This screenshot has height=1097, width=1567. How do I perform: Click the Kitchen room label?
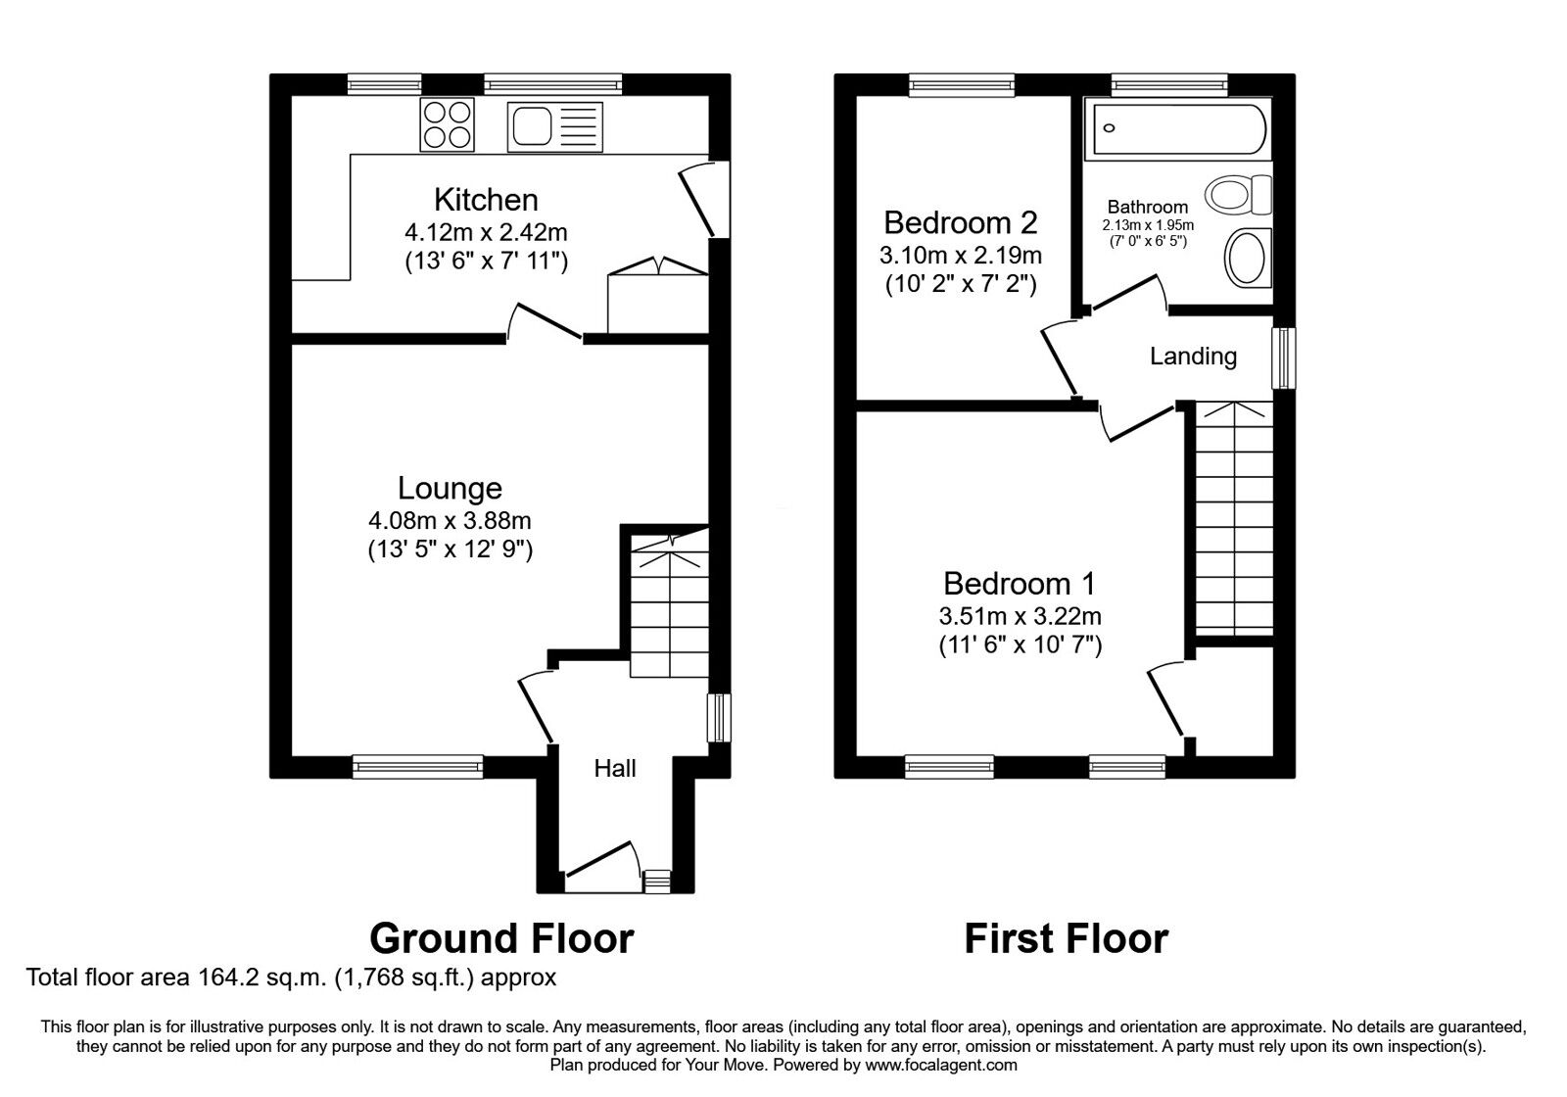tap(486, 200)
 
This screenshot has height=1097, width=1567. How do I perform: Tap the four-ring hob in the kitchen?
tap(447, 124)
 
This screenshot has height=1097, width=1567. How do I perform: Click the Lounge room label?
tap(450, 488)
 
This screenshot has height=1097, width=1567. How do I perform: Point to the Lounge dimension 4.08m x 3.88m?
tap(450, 520)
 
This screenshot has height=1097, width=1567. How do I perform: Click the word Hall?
tap(615, 769)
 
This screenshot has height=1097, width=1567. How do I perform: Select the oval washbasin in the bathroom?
tap(1247, 257)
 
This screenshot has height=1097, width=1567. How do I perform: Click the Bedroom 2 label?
tap(960, 222)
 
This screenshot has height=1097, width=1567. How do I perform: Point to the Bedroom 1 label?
tap(1020, 584)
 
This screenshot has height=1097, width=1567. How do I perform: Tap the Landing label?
tap(1193, 357)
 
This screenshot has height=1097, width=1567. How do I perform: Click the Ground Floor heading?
tap(501, 938)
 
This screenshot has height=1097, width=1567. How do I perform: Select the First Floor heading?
tap(1067, 938)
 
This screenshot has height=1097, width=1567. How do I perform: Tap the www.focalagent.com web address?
tap(941, 1065)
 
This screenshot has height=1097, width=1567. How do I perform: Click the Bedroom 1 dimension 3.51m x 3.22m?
tap(1020, 617)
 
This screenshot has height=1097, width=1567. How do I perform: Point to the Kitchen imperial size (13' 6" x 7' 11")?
tap(486, 262)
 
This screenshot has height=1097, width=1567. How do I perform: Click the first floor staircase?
tap(1232, 519)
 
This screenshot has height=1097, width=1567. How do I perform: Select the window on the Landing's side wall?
tap(1283, 358)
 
